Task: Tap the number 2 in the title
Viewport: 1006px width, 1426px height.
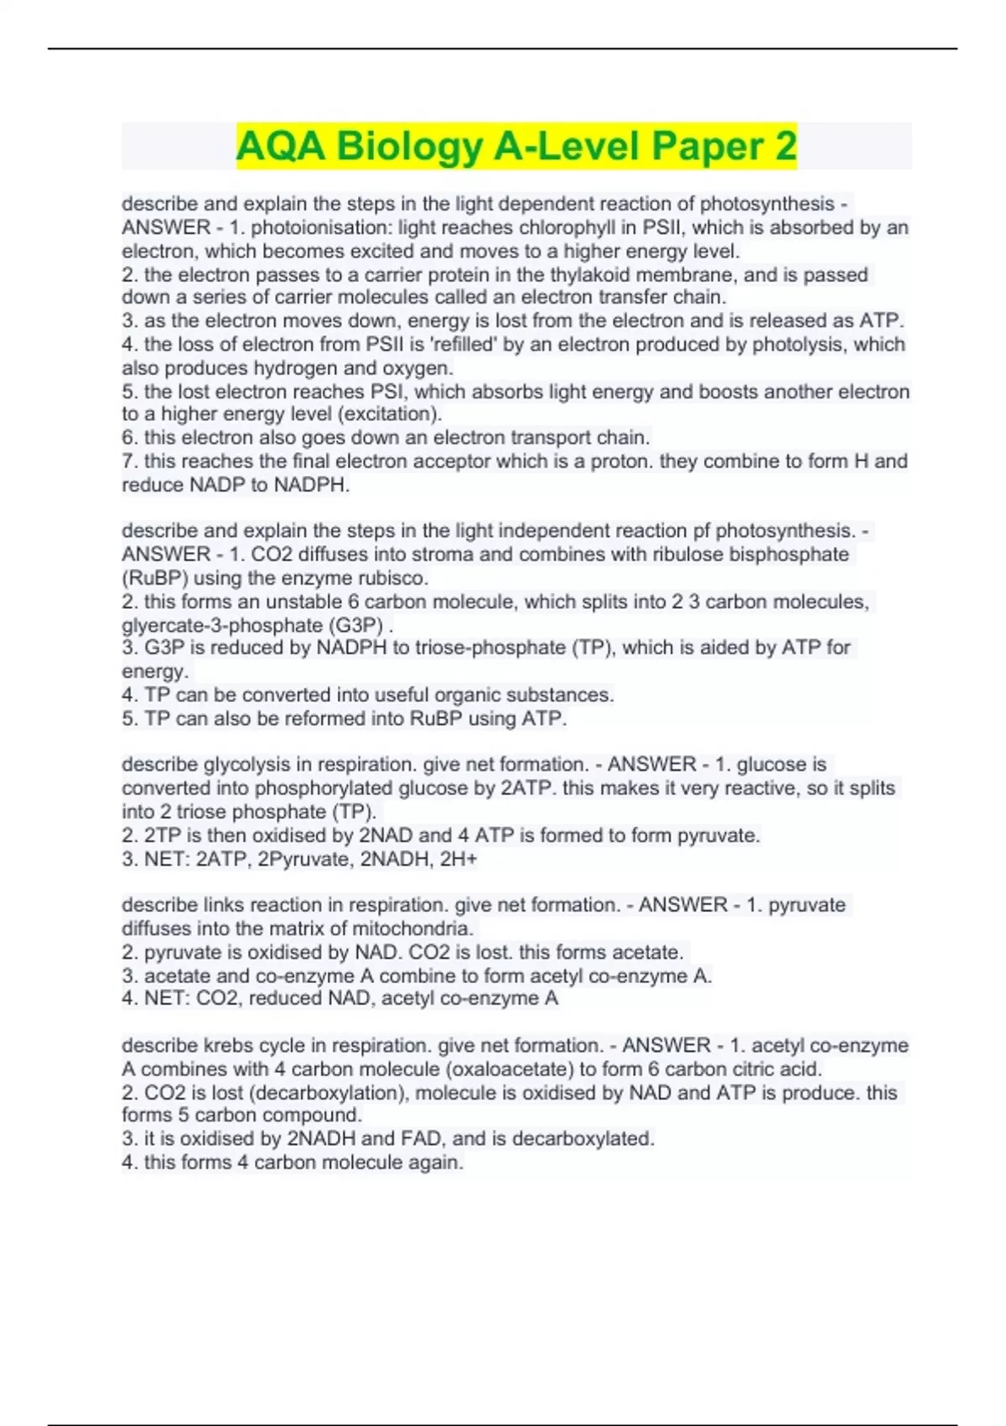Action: (x=785, y=146)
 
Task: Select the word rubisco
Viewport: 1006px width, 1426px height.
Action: (x=392, y=577)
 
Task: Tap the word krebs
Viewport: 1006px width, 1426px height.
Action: (x=226, y=1045)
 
